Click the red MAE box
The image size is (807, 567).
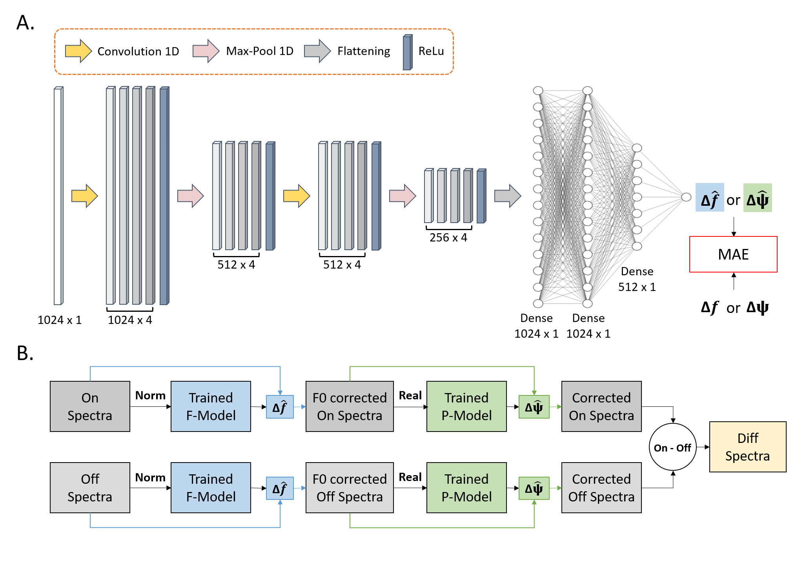pyautogui.click(x=733, y=254)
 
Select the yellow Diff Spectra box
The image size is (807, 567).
pyautogui.click(x=747, y=447)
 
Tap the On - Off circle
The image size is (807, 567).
pyautogui.click(x=672, y=447)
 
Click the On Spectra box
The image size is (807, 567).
pyautogui.click(x=90, y=406)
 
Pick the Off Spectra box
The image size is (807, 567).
pyautogui.click(x=90, y=488)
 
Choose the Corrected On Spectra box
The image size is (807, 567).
pyautogui.click(x=601, y=406)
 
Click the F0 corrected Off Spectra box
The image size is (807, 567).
pyautogui.click(x=350, y=488)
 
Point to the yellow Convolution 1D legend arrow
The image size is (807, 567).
pyautogui.click(x=78, y=51)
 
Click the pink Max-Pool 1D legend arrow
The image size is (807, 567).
pyautogui.click(x=206, y=51)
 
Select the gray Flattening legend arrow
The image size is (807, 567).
pyautogui.click(x=317, y=51)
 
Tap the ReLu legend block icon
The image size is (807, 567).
pyautogui.click(x=408, y=52)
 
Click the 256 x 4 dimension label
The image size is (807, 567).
pyautogui.click(x=448, y=238)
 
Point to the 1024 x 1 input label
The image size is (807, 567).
pyautogui.click(x=60, y=320)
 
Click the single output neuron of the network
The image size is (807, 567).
pyautogui.click(x=686, y=197)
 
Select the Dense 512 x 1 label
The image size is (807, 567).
pyautogui.click(x=637, y=279)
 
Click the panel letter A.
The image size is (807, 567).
pyautogui.click(x=25, y=23)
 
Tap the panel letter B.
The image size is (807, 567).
pyautogui.click(x=25, y=353)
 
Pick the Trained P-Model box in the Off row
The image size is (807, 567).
pyautogui.click(x=466, y=488)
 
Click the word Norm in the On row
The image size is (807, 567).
pyautogui.click(x=150, y=395)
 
